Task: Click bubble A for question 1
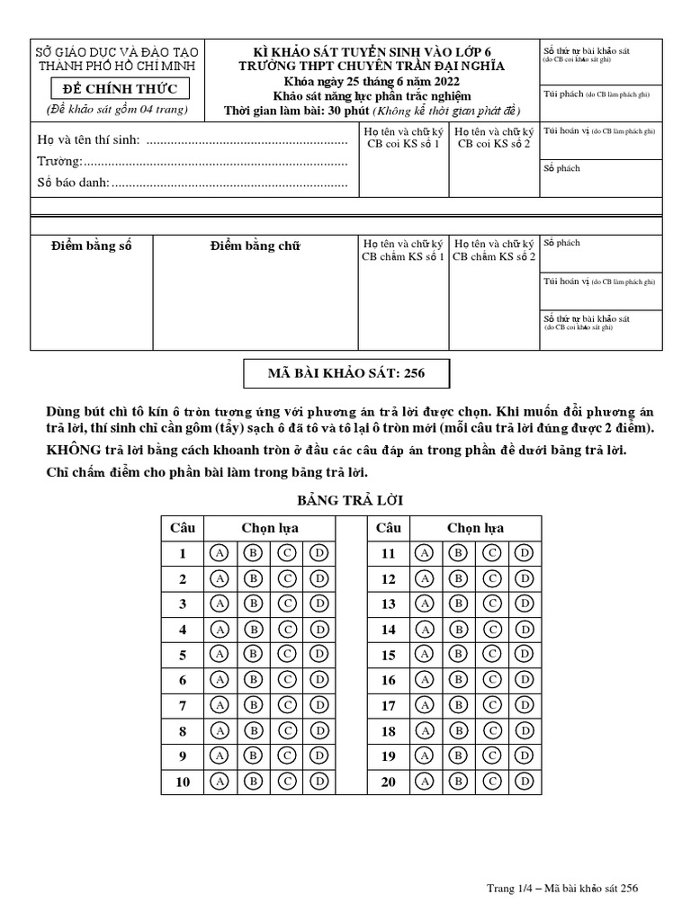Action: (x=219, y=553)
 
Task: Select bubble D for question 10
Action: (x=319, y=782)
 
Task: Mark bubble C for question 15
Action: (x=492, y=655)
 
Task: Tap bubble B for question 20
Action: (x=458, y=782)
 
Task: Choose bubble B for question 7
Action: (x=253, y=706)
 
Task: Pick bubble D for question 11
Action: (x=525, y=553)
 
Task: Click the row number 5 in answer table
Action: (x=183, y=655)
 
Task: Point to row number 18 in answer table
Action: (x=388, y=731)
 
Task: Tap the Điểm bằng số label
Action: (x=91, y=246)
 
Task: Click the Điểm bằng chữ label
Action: (x=255, y=246)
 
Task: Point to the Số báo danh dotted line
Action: (x=230, y=183)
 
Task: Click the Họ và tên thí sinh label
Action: (x=88, y=140)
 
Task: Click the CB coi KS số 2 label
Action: (x=494, y=144)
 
